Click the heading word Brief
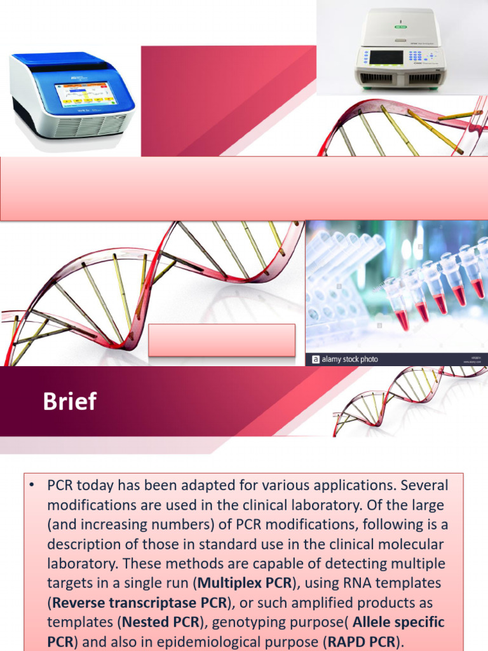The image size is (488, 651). point(70,402)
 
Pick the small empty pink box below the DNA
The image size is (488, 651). point(222,339)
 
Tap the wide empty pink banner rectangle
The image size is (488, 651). point(244,189)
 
